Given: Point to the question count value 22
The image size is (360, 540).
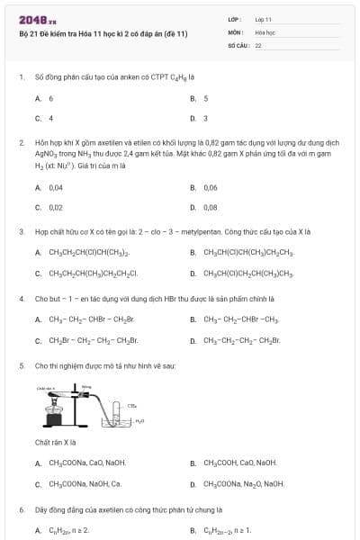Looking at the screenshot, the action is pos(258,44).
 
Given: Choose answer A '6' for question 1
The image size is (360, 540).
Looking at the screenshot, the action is pos(50,98).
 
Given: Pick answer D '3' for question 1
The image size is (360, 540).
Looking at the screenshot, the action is pos(205,118).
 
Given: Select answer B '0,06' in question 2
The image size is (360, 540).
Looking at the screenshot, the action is pos(211,187).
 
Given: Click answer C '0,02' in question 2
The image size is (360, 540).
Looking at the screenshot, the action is pos(55,207).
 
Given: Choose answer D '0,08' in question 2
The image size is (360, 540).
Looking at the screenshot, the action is pos(211,207).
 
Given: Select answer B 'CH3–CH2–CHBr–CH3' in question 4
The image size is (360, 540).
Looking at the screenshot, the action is pos(241,319).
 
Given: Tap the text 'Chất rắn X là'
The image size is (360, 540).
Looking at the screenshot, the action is pos(55,443).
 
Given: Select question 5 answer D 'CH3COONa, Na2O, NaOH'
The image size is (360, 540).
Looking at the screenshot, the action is pos(244,483).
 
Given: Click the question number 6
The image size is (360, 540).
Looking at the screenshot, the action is pos(22,509).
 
